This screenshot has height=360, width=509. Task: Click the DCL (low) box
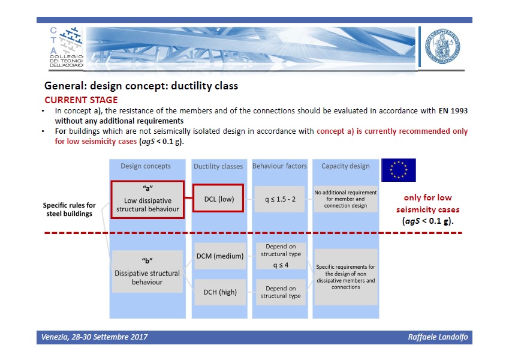(x=218, y=198)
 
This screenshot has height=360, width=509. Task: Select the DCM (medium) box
(x=220, y=256)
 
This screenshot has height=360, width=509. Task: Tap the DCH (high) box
(x=220, y=292)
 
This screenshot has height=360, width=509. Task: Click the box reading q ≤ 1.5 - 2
(x=280, y=199)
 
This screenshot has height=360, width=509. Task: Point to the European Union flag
(x=398, y=170)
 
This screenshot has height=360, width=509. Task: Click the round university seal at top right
(x=442, y=46)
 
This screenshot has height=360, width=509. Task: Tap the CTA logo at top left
(x=66, y=47)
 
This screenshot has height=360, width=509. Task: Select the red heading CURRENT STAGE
(x=81, y=100)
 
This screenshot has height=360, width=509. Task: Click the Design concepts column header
(x=146, y=166)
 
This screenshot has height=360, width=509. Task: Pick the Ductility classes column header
(x=218, y=166)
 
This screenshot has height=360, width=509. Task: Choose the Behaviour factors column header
(x=279, y=166)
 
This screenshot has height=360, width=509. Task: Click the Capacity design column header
(x=345, y=166)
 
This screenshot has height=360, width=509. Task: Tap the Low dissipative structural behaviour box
(x=147, y=199)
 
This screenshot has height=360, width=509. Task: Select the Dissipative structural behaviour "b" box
(x=147, y=271)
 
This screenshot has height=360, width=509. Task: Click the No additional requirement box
(x=345, y=199)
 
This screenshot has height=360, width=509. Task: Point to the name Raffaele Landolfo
(x=438, y=337)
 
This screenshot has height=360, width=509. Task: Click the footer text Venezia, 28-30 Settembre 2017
(x=94, y=337)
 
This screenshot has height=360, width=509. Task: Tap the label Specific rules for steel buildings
(x=69, y=209)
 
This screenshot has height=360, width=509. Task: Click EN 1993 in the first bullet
(x=453, y=111)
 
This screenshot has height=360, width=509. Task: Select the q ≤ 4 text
(x=281, y=265)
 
